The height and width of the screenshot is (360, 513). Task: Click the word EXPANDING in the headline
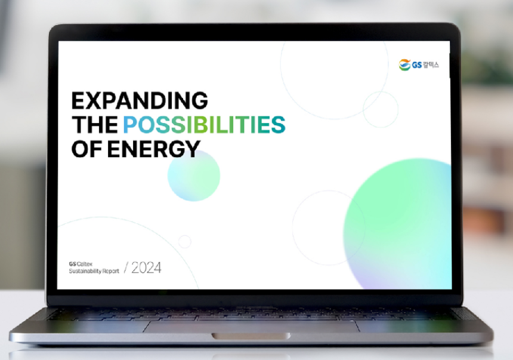coord(140,100)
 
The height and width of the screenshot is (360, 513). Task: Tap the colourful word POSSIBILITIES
coord(204,124)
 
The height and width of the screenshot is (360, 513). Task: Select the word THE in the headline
coord(95,124)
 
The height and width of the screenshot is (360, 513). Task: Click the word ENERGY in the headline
coord(153,149)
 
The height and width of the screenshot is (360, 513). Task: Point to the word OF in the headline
coord(86,149)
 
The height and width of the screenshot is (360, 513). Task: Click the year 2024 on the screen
coord(146,267)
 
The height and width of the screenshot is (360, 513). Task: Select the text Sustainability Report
coord(94,271)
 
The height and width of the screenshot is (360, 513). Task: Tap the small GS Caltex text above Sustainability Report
coord(81,264)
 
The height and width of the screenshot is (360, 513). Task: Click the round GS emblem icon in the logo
coord(404,65)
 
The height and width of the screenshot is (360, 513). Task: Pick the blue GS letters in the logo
coord(417,65)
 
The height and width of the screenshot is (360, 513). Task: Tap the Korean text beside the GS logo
coord(431,65)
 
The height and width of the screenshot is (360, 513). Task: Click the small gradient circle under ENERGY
coord(194,176)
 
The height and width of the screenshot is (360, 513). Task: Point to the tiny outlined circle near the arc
coord(184,242)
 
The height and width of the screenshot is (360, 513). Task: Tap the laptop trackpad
coord(252,326)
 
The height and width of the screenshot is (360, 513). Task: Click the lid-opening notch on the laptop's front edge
coord(251,336)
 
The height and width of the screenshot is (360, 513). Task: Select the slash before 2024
coord(126,267)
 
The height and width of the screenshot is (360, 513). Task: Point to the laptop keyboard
coord(252,314)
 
